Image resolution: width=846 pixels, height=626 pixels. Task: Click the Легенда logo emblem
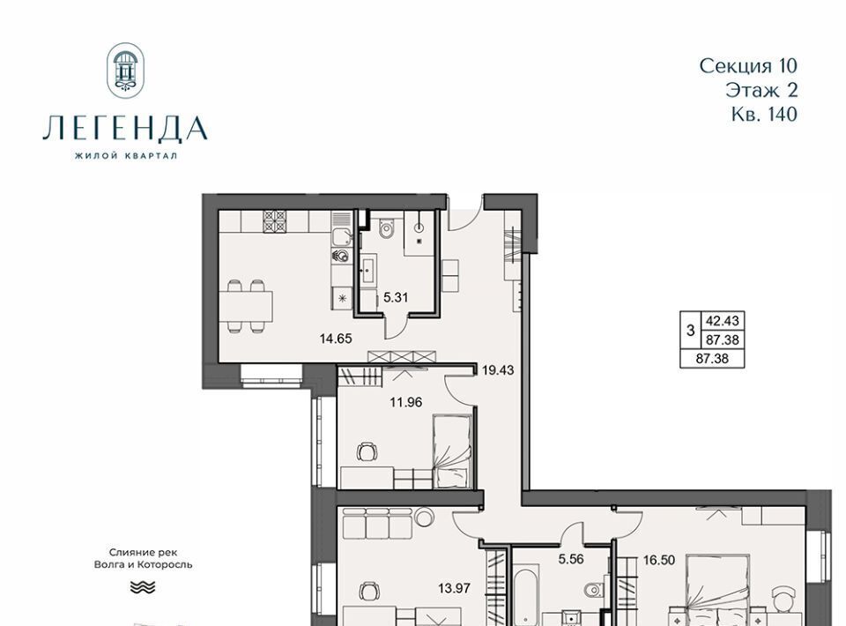coord(126,71)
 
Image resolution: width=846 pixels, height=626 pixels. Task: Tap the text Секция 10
coord(748,66)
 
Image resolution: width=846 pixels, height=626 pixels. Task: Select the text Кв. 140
coord(765,114)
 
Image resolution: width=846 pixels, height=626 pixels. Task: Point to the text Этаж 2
coord(761,90)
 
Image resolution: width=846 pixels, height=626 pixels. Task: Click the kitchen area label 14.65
coord(336,339)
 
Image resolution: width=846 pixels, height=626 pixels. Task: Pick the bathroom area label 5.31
coord(396,297)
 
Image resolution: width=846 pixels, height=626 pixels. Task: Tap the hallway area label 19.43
coord(498,370)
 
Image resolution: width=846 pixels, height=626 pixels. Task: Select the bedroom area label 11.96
coord(405,402)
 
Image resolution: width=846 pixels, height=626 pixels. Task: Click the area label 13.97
coord(455,588)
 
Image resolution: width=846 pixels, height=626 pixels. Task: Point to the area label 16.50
coord(659,560)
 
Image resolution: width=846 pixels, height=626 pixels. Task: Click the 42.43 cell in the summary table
coord(723,321)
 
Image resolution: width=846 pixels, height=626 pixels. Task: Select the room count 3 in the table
coord(690,331)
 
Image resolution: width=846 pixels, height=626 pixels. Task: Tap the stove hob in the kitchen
coord(275,221)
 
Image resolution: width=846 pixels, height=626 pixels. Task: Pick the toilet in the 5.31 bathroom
coord(386,228)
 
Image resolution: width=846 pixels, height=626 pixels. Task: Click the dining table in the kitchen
coord(246,307)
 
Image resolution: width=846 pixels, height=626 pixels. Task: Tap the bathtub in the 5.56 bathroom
coord(525,594)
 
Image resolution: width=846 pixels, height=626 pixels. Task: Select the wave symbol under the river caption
coord(143,588)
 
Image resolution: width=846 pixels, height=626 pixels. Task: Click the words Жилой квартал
coord(126,156)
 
